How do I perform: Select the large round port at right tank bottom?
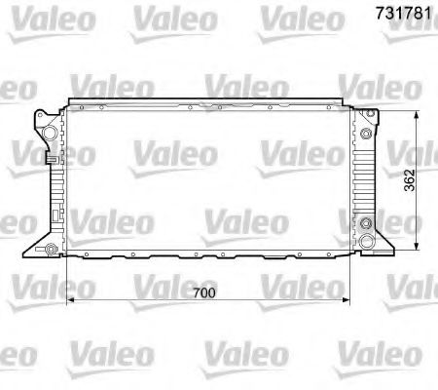click(x=366, y=241)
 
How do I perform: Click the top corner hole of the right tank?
click(x=368, y=117)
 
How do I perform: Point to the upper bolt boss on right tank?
click(x=366, y=134)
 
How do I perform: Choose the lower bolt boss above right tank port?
click(x=366, y=224)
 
